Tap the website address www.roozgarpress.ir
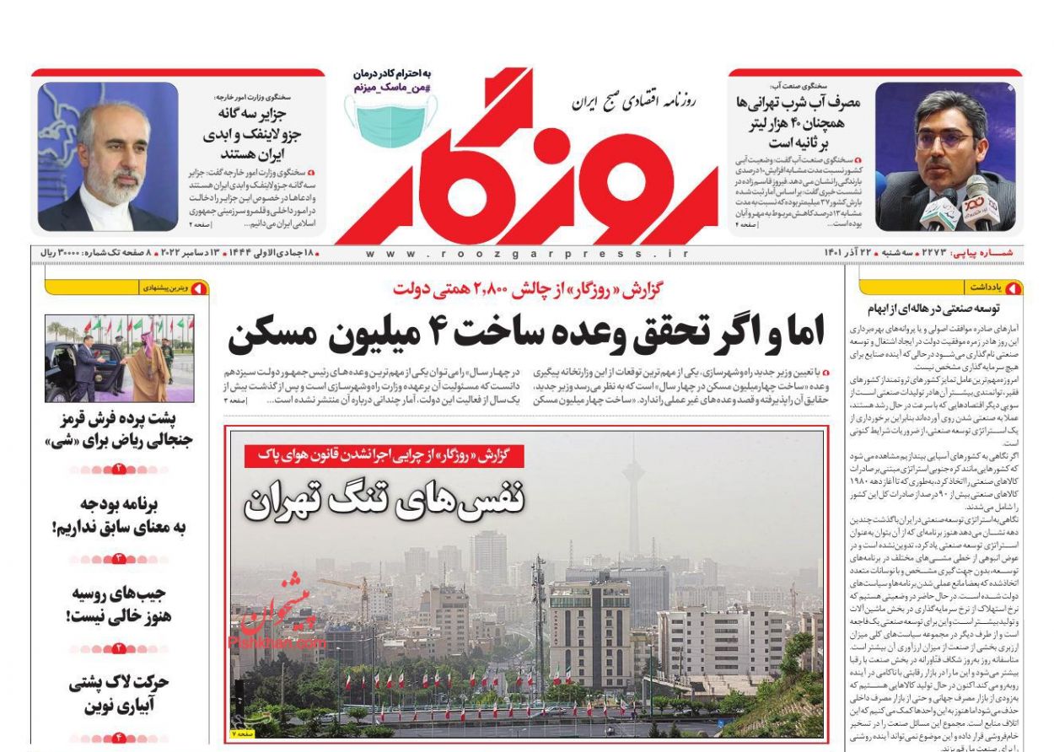coord(527,253)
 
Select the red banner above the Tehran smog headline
coord(384,456)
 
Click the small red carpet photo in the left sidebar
coord(120,359)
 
